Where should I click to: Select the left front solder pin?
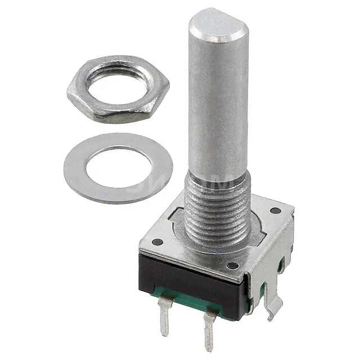(164, 318)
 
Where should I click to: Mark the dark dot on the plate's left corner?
(157, 242)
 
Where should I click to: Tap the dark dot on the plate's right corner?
(275, 210)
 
